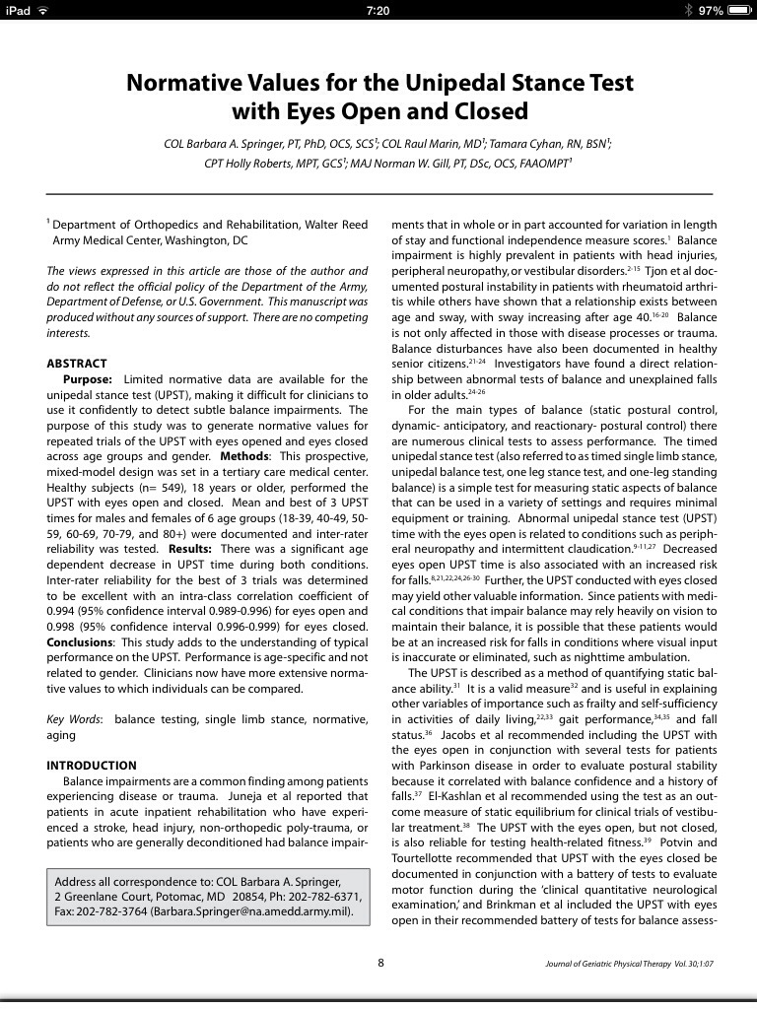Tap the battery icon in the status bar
coord(739,10)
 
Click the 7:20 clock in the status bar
coord(378,10)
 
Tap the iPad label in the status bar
coord(19,10)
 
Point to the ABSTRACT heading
coord(77,364)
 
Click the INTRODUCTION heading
coord(92,766)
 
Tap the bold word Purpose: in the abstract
coord(88,379)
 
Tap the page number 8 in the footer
coord(381,963)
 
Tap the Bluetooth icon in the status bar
coord(687,10)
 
